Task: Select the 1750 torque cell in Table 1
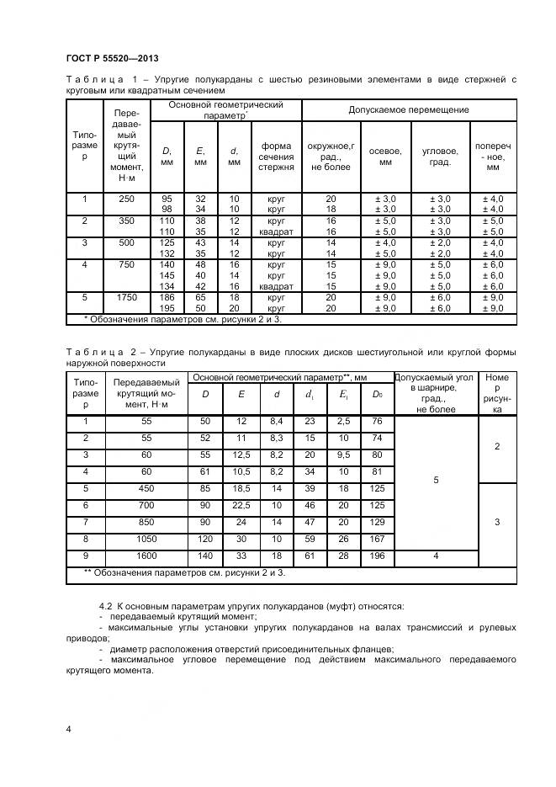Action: pyautogui.click(x=126, y=296)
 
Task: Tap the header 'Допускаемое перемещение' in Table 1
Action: pyautogui.click(x=409, y=110)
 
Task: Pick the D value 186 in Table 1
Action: pyautogui.click(x=166, y=298)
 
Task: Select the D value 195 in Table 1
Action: pyautogui.click(x=166, y=309)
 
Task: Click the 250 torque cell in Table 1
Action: pyautogui.click(x=126, y=199)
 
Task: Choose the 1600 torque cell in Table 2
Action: pyautogui.click(x=147, y=556)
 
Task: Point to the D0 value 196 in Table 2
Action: pyautogui.click(x=377, y=556)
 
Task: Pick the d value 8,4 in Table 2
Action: pyautogui.click(x=277, y=421)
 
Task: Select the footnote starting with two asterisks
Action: pyautogui.click(x=185, y=573)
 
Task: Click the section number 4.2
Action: pyautogui.click(x=106, y=605)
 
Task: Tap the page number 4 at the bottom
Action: pyautogui.click(x=68, y=728)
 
